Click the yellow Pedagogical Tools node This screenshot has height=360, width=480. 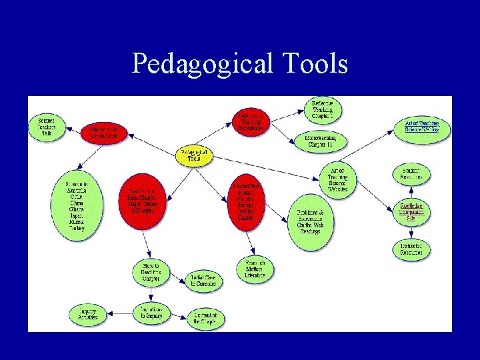194,156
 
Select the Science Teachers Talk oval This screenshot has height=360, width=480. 47,127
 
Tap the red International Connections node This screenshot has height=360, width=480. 103,132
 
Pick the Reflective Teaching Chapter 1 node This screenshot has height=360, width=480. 323,110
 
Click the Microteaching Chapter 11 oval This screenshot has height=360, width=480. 322,141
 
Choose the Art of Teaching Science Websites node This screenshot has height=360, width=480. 337,180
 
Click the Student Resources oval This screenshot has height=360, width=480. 411,174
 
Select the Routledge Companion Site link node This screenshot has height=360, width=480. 411,211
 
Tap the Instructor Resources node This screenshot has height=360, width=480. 411,250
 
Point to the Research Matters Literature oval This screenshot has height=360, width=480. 255,269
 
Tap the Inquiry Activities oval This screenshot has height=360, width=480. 87,313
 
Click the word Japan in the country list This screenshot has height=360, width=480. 76,213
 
